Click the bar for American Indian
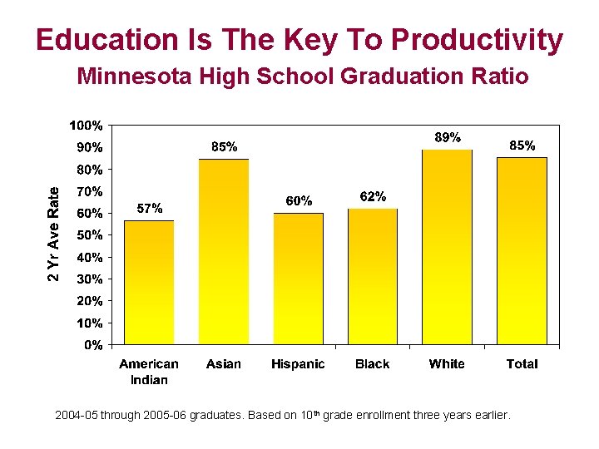(x=149, y=283)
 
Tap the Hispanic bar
(x=298, y=279)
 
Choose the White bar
(x=447, y=247)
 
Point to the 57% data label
(x=149, y=209)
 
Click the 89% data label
(x=448, y=137)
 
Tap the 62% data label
(x=372, y=197)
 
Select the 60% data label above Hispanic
(x=299, y=200)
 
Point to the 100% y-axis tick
(x=86, y=126)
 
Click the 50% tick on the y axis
(x=89, y=235)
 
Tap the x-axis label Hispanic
(x=298, y=364)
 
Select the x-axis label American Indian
(x=149, y=372)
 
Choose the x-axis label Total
(x=522, y=364)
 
